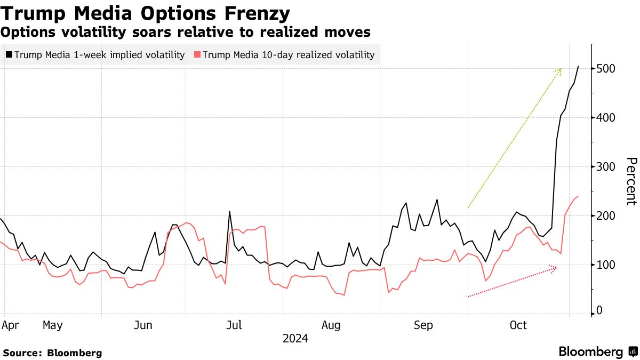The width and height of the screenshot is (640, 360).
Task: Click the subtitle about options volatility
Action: (186, 33)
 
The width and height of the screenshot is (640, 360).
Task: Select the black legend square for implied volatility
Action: (9, 54)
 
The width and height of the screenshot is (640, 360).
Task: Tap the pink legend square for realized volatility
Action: (197, 54)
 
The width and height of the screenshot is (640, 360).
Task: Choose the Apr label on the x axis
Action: (9, 325)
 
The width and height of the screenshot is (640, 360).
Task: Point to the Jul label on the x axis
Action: (235, 325)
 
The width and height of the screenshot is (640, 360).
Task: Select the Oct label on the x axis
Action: (518, 325)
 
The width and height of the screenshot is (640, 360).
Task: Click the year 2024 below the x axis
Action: (295, 338)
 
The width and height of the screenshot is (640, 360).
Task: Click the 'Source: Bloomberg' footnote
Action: (52, 353)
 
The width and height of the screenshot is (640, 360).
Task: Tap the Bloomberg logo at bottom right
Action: (598, 352)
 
